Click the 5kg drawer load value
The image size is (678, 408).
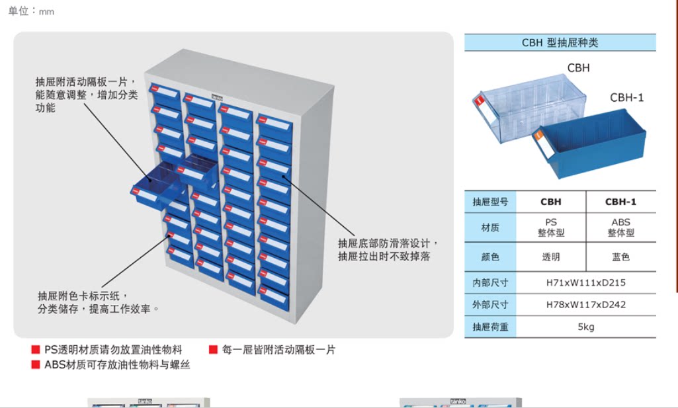586,327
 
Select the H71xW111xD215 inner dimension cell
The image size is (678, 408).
586,282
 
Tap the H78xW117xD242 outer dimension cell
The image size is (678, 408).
586,305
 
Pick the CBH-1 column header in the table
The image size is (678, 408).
620,202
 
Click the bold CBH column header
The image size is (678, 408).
550,202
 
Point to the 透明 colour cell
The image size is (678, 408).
550,257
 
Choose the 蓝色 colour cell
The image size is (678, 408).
620,257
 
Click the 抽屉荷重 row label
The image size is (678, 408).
490,327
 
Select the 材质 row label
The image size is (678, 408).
490,227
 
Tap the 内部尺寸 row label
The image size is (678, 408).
490,282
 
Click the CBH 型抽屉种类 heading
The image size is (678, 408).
560,43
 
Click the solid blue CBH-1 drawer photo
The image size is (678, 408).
589,145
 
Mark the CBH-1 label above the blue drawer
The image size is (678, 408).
626,98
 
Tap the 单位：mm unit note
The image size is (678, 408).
31,11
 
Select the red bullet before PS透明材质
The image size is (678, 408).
36,350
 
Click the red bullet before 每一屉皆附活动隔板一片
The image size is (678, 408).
214,350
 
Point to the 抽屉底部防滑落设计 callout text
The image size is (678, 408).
388,243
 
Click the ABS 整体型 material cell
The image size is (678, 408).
620,227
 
